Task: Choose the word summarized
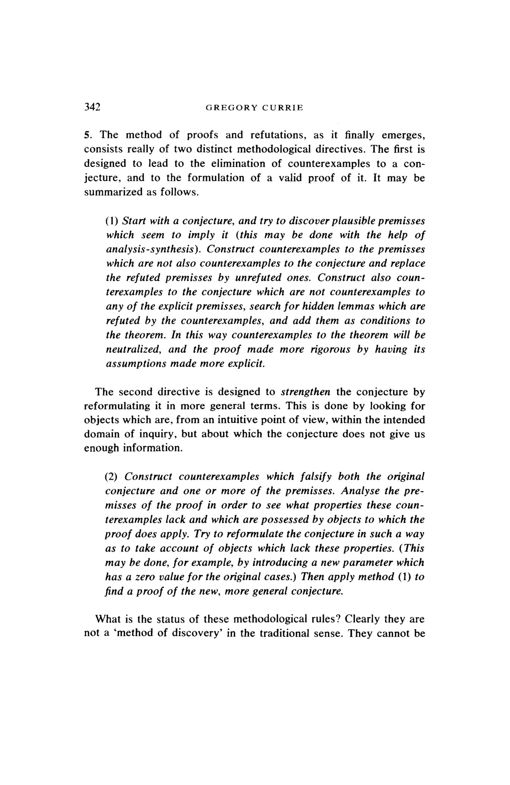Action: (x=109, y=192)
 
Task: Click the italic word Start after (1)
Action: (x=132, y=221)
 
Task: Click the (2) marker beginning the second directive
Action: (x=112, y=476)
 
